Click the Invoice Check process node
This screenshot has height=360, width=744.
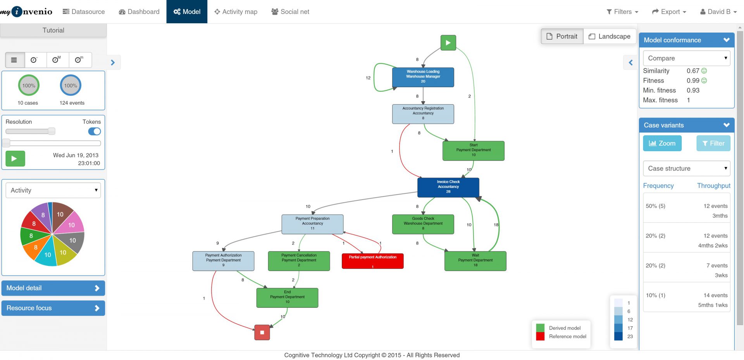click(x=448, y=187)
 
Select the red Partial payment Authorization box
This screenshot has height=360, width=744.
click(x=372, y=261)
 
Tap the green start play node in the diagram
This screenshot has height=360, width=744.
click(x=448, y=43)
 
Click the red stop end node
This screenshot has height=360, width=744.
click(x=262, y=332)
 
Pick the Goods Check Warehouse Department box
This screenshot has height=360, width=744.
click(x=423, y=224)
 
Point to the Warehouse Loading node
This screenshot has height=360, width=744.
click(x=423, y=77)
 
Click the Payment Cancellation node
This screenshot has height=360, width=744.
click(x=299, y=261)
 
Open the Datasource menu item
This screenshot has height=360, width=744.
click(x=84, y=12)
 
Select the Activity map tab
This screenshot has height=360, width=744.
click(x=236, y=12)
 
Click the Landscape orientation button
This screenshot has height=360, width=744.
click(x=610, y=36)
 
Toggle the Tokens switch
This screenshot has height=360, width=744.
click(x=95, y=131)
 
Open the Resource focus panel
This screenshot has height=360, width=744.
click(x=53, y=308)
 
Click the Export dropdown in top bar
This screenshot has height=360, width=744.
click(x=669, y=12)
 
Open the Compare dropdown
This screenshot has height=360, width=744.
click(x=686, y=58)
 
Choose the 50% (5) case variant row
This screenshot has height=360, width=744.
click(x=686, y=211)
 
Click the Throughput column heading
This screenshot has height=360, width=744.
click(x=713, y=186)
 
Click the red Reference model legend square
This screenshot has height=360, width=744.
click(x=540, y=336)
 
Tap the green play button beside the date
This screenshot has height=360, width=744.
click(x=15, y=158)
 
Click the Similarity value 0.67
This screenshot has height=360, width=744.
click(x=693, y=71)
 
